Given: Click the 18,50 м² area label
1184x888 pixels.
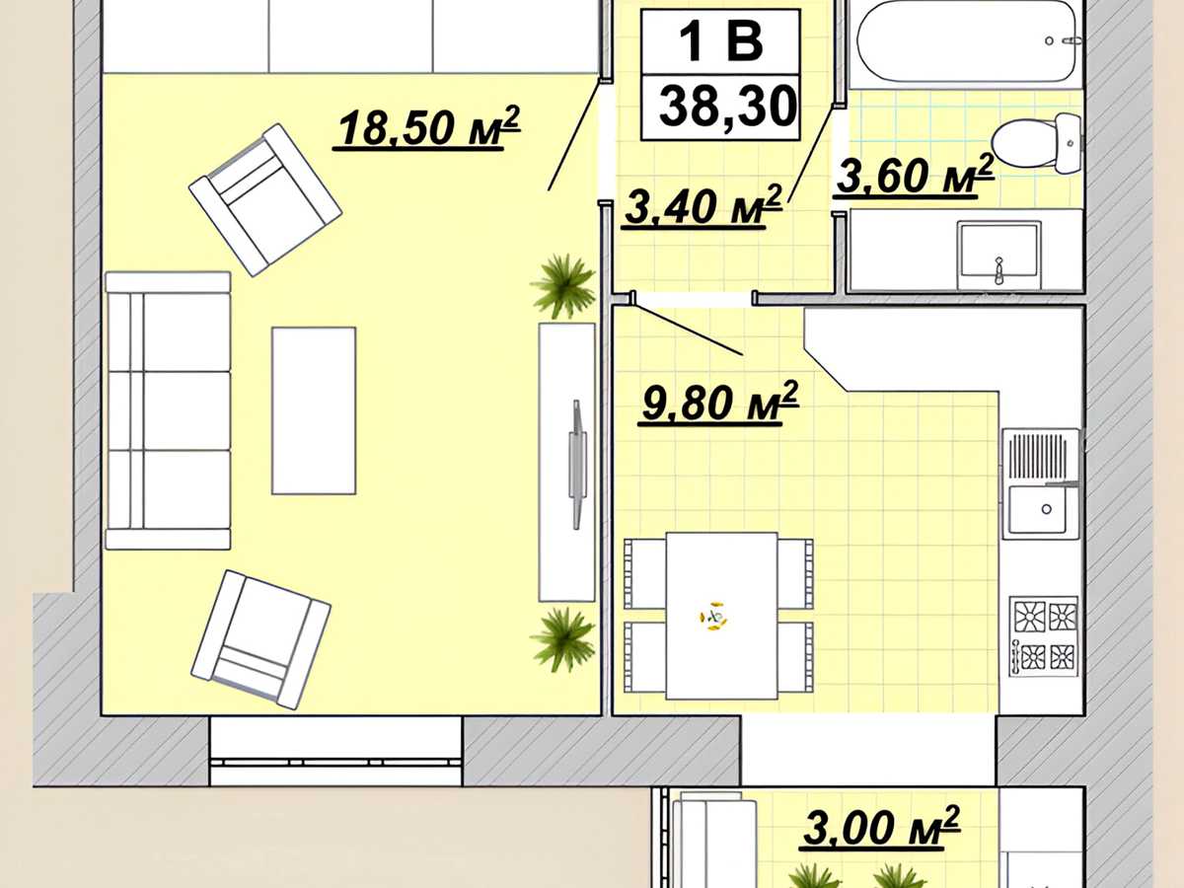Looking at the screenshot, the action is pyautogui.click(x=426, y=128).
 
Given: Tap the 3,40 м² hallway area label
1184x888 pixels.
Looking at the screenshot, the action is pyautogui.click(x=703, y=207).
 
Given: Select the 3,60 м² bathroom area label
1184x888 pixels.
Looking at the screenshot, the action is pyautogui.click(x=915, y=176).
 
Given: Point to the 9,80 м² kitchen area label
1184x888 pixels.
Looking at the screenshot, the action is pyautogui.click(x=718, y=404).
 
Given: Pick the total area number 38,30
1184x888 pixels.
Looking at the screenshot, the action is pyautogui.click(x=727, y=108).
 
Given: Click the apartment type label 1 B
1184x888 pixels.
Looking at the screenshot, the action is pyautogui.click(x=721, y=41).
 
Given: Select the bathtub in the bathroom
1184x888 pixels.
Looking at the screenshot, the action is pyautogui.click(x=965, y=41).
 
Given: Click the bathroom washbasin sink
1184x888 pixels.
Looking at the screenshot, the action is pyautogui.click(x=999, y=256).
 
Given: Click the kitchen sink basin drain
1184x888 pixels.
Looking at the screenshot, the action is pyautogui.click(x=1047, y=509).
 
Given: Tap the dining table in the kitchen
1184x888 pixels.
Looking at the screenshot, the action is pyautogui.click(x=721, y=617).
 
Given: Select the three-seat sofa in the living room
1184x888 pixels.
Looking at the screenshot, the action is pyautogui.click(x=169, y=410).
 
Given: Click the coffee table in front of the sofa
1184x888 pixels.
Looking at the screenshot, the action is pyautogui.click(x=314, y=410).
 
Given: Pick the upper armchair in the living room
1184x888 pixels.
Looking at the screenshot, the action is pyautogui.click(x=265, y=200).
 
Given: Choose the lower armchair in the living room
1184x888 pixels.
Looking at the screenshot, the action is pyautogui.click(x=261, y=639).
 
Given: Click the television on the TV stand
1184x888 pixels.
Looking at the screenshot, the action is pyautogui.click(x=577, y=464).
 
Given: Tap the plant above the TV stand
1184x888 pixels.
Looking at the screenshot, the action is pyautogui.click(x=562, y=287).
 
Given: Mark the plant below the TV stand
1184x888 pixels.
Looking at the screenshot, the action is pyautogui.click(x=562, y=640).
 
